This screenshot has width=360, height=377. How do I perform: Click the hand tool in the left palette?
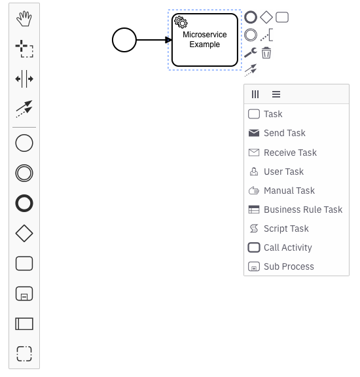pos(24,18)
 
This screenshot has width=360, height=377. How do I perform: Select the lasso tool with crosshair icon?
pos(24,48)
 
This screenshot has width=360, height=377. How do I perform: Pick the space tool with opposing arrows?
pos(24,79)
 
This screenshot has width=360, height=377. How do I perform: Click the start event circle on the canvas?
pos(124,40)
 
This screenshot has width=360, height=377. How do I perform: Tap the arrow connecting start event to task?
pos(154,40)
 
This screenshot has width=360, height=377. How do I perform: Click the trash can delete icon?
pos(266,53)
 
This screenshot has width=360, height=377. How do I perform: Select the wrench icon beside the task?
pos(250,53)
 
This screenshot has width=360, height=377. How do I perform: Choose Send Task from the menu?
pos(284,133)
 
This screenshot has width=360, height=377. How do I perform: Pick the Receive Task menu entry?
pos(289,153)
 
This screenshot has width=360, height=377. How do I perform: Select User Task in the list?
pos(283,171)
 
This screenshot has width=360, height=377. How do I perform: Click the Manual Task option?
pos(289,190)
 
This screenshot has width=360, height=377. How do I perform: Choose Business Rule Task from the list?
pos(302,209)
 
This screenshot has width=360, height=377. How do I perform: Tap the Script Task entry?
pos(286,228)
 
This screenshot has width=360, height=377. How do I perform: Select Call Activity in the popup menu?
pos(287,247)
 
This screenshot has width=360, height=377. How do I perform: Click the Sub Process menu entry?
pos(288,266)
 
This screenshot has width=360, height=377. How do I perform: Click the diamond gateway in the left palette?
pos(24,233)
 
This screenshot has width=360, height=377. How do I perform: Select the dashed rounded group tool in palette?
pos(24,354)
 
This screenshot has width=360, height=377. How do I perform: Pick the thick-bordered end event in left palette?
pos(24,203)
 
